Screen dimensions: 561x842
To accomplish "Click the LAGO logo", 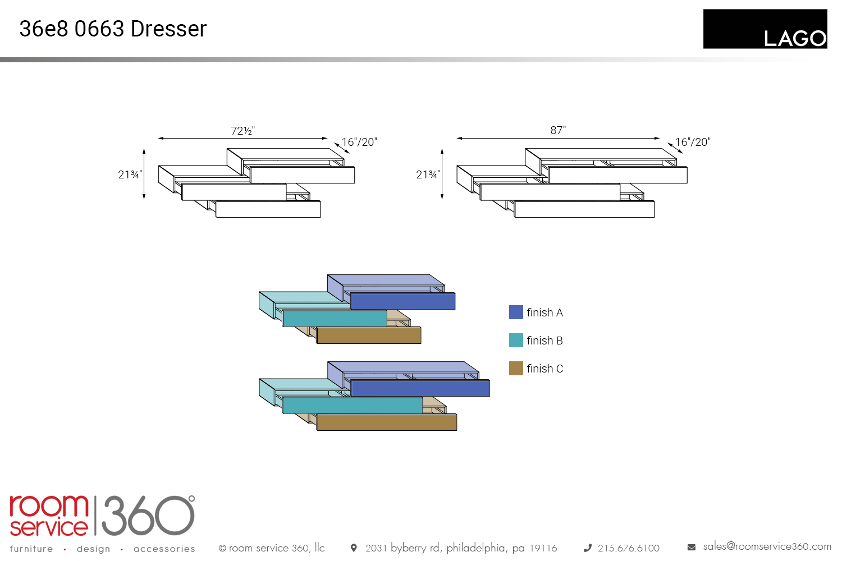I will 765,29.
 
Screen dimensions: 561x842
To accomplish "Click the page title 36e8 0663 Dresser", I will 113,29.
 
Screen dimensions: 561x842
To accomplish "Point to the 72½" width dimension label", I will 242,131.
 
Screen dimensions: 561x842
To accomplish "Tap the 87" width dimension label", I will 558,130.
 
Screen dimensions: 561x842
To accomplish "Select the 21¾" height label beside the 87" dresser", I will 428,174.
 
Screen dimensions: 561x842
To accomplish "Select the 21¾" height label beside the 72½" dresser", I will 130,174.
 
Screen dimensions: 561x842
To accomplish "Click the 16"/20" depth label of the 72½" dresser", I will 359,142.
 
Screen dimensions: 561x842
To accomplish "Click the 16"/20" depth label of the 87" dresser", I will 692,142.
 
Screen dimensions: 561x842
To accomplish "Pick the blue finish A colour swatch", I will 516,312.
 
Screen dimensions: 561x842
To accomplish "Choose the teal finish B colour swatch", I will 516,341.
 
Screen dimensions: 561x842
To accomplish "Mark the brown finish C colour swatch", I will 516,369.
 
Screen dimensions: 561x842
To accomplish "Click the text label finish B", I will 544,341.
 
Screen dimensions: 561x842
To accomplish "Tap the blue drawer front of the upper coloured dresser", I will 402,301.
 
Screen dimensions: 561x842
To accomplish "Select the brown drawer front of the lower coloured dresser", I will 387,422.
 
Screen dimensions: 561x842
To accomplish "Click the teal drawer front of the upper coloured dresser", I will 335,318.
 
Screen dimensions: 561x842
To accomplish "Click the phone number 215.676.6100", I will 628,548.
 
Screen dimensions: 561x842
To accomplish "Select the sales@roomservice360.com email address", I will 767,546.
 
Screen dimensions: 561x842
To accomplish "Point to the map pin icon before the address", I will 354,548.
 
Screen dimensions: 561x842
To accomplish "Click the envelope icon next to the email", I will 692,547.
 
